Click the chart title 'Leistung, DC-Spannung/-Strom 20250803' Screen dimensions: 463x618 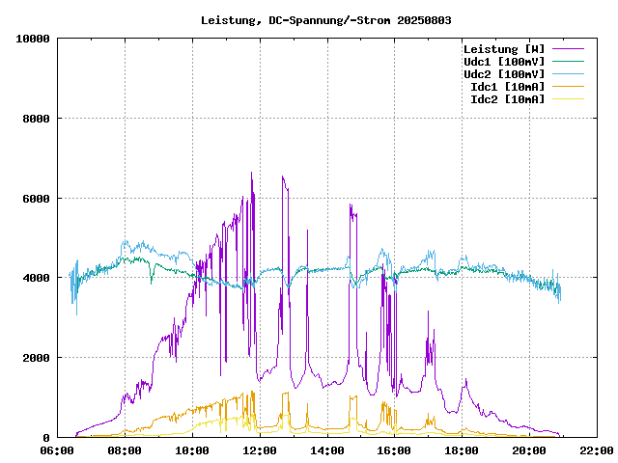coord(326,20)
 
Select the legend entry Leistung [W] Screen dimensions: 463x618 coord(503,49)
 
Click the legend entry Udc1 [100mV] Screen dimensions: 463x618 coord(503,62)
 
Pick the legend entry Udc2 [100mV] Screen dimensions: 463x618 coord(503,74)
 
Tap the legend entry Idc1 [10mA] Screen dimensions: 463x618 coord(507,87)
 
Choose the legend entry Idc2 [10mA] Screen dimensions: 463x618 coord(507,99)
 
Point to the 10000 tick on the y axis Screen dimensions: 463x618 coord(32,39)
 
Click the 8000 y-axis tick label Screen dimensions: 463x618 coord(35,119)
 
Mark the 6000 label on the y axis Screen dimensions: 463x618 coord(35,199)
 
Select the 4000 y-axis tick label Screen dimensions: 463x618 coord(35,278)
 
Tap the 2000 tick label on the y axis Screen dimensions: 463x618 coord(35,358)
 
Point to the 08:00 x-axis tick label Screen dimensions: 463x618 coord(125,450)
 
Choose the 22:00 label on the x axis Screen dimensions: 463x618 coord(595,450)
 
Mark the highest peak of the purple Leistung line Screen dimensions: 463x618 coord(251,173)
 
